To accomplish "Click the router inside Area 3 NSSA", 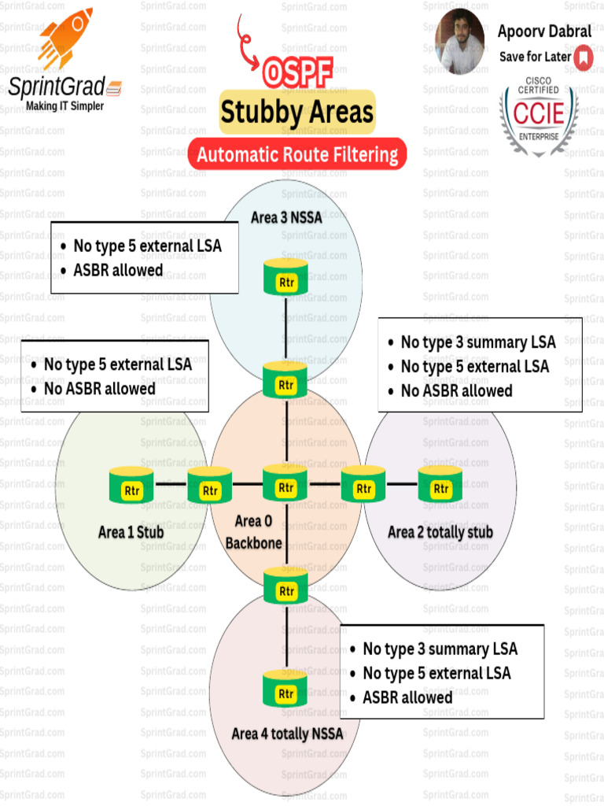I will [285, 278].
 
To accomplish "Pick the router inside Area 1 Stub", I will [132, 487].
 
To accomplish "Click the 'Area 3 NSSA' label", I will [286, 217].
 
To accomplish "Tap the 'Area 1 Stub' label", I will [131, 532].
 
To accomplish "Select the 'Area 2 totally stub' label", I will [440, 532].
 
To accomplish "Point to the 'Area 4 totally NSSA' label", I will [287, 734].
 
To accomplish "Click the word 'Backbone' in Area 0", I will [254, 542].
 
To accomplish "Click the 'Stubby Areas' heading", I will [296, 112].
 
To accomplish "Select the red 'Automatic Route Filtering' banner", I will [297, 154].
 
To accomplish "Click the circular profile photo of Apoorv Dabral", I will [460, 41].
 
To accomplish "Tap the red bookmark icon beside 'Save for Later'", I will [583, 57].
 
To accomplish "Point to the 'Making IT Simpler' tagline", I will [64, 105].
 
